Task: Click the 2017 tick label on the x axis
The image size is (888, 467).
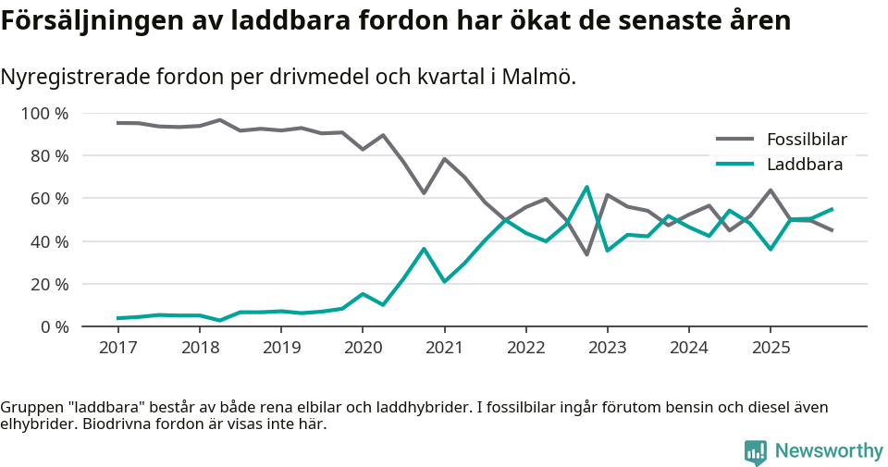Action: pos(117,348)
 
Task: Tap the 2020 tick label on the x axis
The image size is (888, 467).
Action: pos(363,348)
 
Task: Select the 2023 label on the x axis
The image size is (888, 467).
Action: pos(608,348)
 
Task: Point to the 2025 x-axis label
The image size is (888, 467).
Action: pos(771,348)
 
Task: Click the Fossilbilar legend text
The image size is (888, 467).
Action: pos(807,140)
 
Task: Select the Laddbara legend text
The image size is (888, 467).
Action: pos(804,165)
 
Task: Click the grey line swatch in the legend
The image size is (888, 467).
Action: pos(735,140)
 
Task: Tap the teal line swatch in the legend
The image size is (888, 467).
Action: pos(735,165)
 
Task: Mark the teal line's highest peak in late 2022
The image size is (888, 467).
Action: pos(586,187)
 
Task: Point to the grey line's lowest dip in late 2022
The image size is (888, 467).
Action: pos(586,254)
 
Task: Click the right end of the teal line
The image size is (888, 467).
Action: pos(832,209)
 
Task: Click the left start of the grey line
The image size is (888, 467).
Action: pos(117,123)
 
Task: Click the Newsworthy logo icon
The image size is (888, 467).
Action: pos(756,451)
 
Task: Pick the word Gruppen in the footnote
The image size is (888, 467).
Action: pos(29,407)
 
